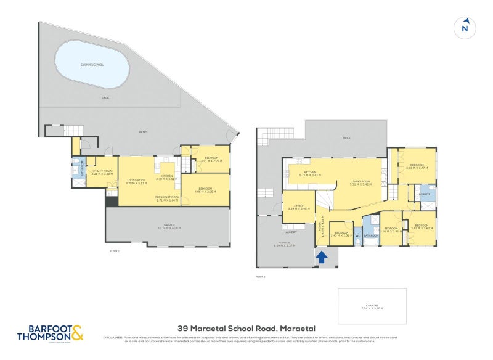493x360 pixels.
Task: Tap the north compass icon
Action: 465,27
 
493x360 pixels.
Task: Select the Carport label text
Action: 372,306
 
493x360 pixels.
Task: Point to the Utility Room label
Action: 102,172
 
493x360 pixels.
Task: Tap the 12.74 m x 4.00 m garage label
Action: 168,226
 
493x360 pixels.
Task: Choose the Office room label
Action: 299,207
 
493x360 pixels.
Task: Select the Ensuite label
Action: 425,194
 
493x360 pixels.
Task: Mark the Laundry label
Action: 290,232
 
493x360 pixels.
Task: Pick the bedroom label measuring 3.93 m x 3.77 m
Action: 417,166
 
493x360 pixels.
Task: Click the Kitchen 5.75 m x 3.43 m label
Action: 310,174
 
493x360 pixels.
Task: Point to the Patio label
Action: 142,133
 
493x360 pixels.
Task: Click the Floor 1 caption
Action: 114,251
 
